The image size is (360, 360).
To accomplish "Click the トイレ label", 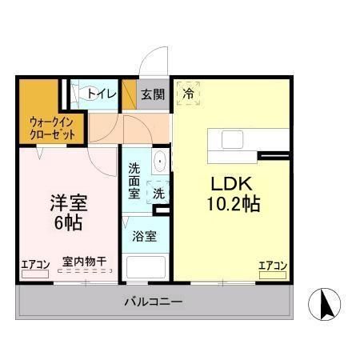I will [x=102, y=94].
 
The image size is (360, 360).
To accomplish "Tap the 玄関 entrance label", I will [x=153, y=94].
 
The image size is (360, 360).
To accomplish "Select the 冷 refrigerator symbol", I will [x=188, y=93].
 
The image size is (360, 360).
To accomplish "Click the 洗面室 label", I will [x=134, y=180].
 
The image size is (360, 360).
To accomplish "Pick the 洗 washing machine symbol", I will [x=158, y=193].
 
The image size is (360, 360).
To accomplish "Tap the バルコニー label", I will [x=153, y=302].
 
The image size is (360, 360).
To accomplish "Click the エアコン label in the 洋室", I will [x=34, y=264].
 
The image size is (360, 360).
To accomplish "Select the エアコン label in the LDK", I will [x=273, y=265].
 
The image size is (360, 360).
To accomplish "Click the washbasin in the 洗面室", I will [x=160, y=161].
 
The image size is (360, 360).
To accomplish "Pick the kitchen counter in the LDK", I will [x=232, y=139].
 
